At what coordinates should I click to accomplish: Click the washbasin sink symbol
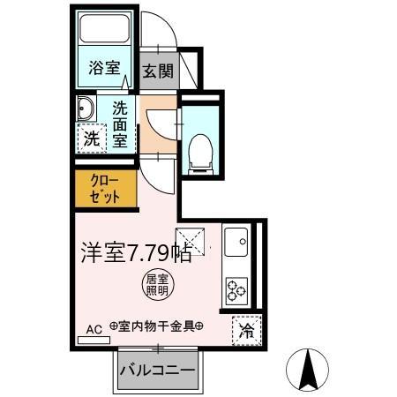[x=86, y=109]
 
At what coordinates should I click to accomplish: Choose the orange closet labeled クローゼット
[x=105, y=189]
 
